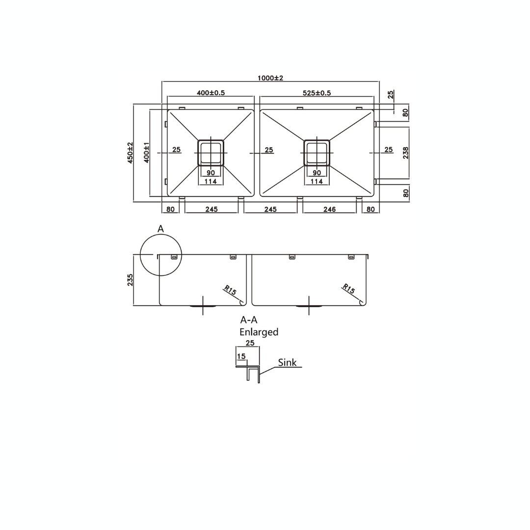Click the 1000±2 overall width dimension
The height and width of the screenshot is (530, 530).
270,78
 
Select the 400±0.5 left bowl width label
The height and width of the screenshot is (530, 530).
211,93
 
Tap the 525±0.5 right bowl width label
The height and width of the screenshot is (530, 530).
317,93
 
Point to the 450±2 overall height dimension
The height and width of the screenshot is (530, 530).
131,153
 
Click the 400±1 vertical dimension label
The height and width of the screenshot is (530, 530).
146,153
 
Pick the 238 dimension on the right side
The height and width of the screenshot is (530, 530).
405,153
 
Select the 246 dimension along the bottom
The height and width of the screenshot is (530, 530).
329,210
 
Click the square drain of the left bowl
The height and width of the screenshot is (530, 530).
211,153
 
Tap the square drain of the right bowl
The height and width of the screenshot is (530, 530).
317,153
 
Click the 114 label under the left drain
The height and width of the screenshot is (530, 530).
211,182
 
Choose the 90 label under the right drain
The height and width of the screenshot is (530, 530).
317,173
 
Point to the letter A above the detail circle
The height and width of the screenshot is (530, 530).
160,229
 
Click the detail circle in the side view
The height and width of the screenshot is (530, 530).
161,255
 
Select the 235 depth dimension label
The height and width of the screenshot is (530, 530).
131,280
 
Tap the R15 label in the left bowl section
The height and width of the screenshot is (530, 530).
230,290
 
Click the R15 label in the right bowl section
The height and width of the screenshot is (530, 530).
348,289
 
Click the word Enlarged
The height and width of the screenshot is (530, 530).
259,332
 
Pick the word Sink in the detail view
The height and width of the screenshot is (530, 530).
287,363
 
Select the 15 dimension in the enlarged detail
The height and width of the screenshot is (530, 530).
241,356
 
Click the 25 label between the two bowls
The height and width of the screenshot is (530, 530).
269,150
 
